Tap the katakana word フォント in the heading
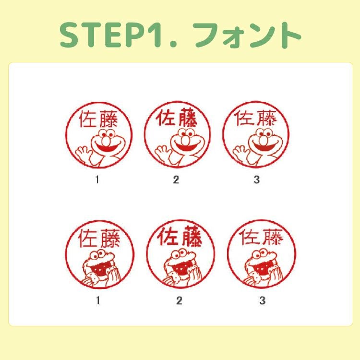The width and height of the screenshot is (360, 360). click(247, 35)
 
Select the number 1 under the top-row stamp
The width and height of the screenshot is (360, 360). click(97, 180)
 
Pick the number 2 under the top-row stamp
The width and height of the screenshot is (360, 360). click(176, 180)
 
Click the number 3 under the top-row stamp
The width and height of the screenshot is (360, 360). click(257, 180)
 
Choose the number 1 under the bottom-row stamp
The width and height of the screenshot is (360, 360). click(98, 300)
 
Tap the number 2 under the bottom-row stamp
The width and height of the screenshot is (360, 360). click(179, 300)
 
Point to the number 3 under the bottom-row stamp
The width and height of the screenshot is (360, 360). click(263, 300)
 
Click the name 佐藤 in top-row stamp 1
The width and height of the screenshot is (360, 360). click(98, 119)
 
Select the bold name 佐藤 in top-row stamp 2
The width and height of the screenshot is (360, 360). click(176, 117)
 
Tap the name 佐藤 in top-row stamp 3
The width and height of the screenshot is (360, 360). click(255, 118)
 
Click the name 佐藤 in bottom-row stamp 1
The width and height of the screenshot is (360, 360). click(99, 239)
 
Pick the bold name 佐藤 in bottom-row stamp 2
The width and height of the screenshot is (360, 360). click(180, 236)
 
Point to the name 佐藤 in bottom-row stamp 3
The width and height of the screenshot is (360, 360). click(261, 237)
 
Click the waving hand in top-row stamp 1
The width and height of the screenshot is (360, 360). click(84, 154)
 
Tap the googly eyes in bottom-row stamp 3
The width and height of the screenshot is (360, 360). click(260, 254)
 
